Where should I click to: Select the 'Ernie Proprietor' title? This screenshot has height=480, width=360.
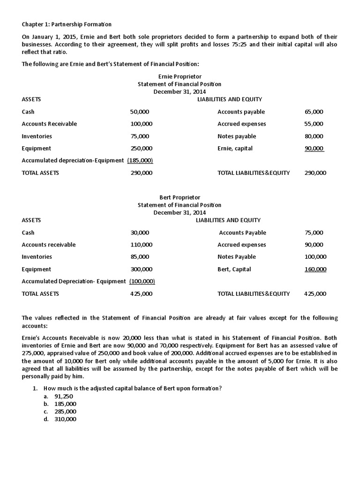[x=180, y=76]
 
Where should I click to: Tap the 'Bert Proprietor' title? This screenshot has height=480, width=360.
[x=180, y=198]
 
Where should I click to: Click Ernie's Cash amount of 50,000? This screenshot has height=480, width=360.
[x=139, y=112]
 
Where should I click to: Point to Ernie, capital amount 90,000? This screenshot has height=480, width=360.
[x=314, y=149]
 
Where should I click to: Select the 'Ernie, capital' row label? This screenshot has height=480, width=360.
[x=235, y=149]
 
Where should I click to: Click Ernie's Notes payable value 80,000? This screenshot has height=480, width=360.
[x=314, y=136]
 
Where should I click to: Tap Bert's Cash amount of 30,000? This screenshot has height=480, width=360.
[x=139, y=233]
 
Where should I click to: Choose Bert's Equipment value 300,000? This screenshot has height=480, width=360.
[x=141, y=270]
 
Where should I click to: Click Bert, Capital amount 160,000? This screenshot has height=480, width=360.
[x=315, y=270]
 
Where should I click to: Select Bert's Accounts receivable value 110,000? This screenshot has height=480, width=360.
[x=141, y=245]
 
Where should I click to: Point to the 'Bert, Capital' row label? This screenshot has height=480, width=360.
[x=234, y=270]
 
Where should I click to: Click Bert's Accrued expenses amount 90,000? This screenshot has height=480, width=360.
[x=314, y=245]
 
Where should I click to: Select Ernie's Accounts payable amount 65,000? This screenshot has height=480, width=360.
[x=314, y=112]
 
